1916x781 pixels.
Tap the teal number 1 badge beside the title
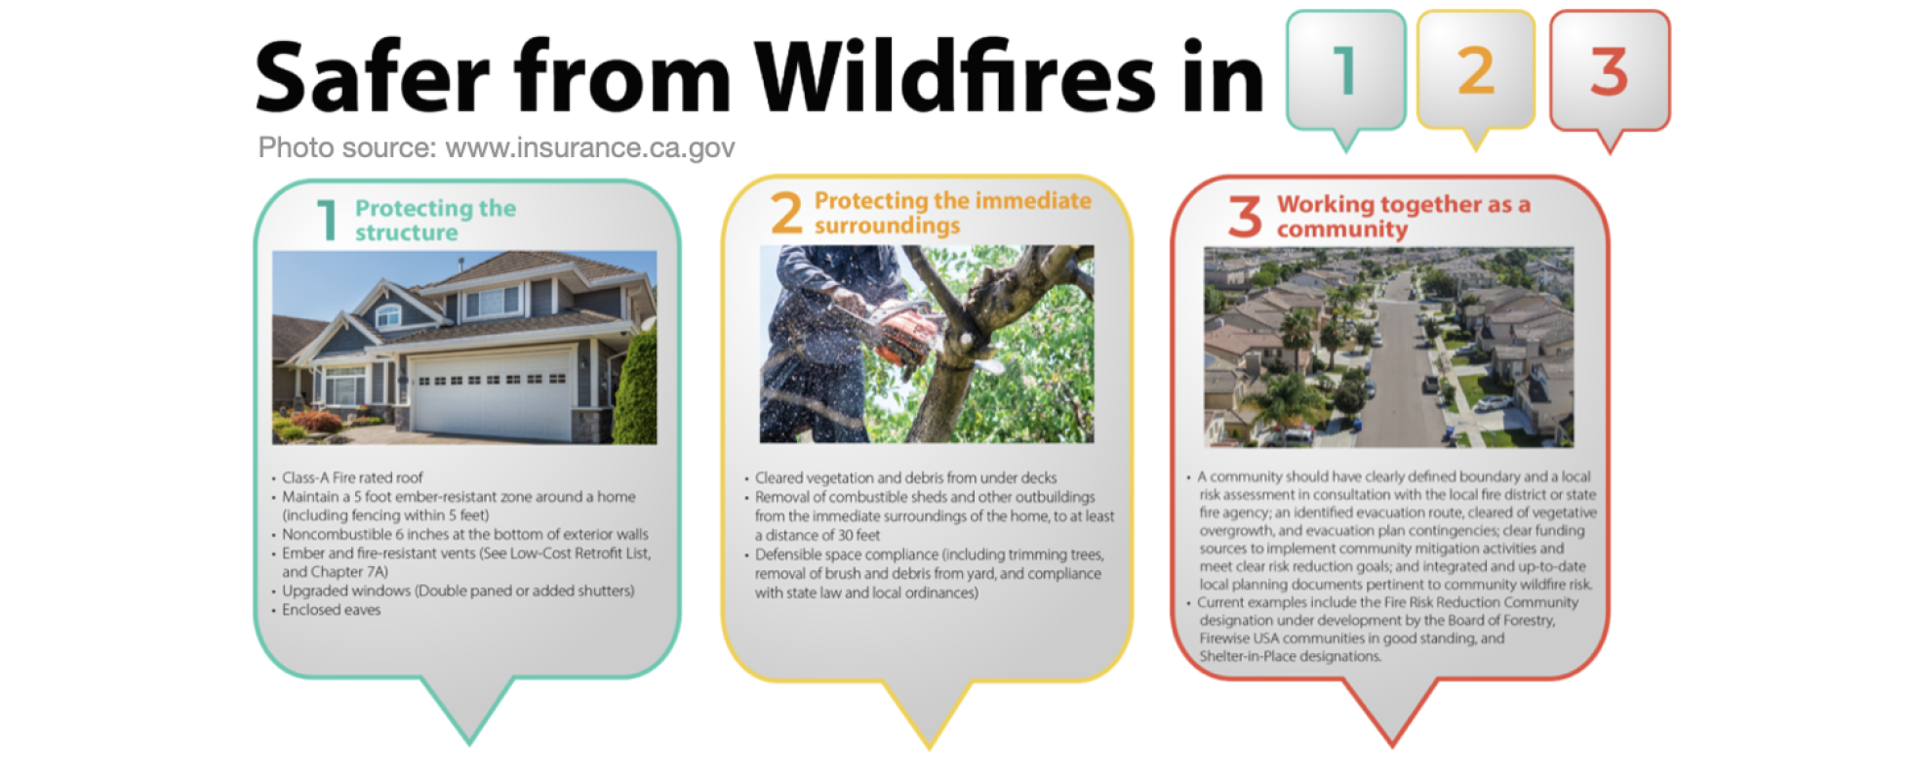pos(1345,71)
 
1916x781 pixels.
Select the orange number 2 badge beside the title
pos(1475,71)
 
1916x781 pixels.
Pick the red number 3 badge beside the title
pos(1609,71)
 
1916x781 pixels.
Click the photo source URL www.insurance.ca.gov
pos(589,147)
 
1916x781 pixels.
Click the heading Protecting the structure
pos(435,220)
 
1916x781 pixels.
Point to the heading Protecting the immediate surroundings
pos(952,213)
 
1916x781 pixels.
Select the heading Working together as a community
pos(1403,216)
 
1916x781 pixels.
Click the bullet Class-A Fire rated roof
pos(352,477)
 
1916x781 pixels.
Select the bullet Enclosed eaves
pos(331,609)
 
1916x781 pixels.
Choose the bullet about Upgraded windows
pos(458,591)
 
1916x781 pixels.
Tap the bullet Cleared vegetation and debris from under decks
pos(905,477)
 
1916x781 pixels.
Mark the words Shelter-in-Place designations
pos(1290,656)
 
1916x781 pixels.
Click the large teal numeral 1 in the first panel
pos(328,220)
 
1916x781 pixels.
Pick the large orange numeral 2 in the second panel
pos(786,213)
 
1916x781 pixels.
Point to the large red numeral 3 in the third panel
pos(1245,216)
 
